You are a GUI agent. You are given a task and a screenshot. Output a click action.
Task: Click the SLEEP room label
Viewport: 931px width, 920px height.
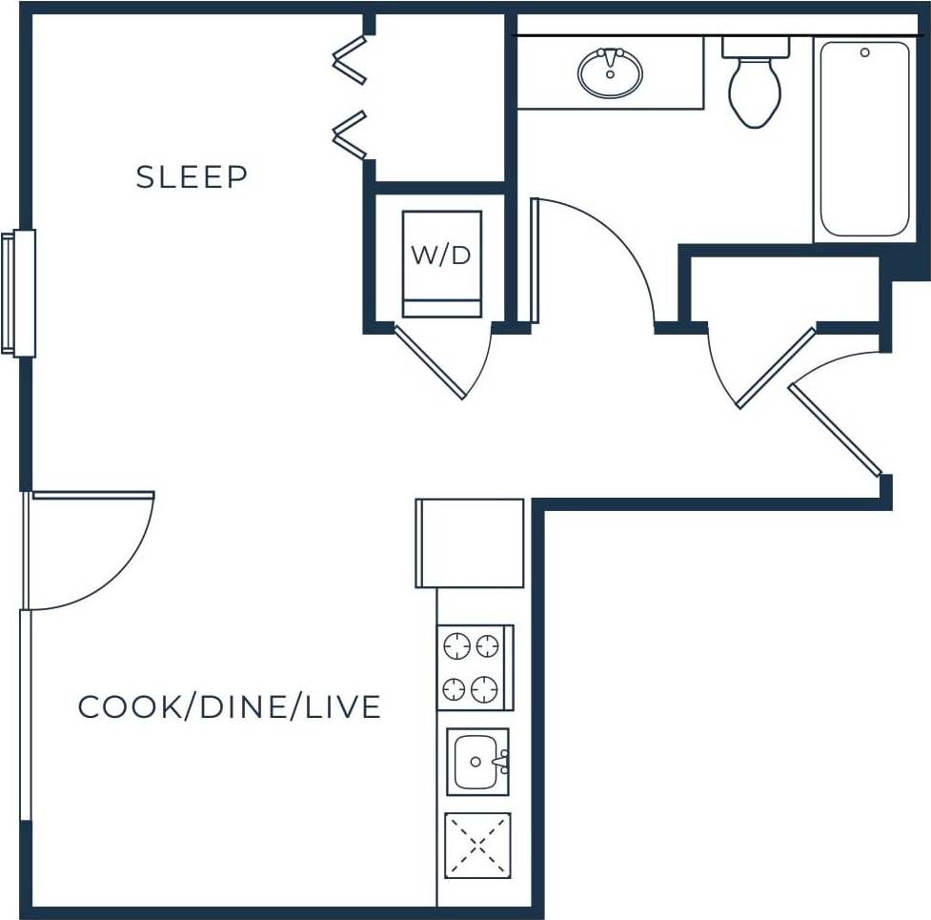pyautogui.click(x=192, y=177)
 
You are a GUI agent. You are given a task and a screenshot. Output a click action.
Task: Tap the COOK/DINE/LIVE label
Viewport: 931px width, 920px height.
pyautogui.click(x=229, y=707)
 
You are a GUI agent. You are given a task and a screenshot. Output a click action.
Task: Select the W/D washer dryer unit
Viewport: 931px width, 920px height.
pyautogui.click(x=441, y=262)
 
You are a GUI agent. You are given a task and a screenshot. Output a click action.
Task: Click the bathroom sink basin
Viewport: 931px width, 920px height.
pyautogui.click(x=610, y=73)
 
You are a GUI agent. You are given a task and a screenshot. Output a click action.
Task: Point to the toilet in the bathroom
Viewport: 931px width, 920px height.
pyautogui.click(x=755, y=86)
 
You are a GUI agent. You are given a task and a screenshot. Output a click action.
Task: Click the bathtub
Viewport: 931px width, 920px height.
pyautogui.click(x=864, y=139)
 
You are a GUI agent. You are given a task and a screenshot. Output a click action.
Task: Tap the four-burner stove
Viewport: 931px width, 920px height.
pyautogui.click(x=474, y=667)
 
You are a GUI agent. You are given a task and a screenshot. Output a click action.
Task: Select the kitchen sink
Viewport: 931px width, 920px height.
pyautogui.click(x=477, y=762)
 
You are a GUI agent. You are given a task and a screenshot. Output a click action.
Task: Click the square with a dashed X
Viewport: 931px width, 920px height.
pyautogui.click(x=477, y=845)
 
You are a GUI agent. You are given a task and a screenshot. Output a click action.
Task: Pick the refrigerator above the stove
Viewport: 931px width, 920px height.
pyautogui.click(x=471, y=542)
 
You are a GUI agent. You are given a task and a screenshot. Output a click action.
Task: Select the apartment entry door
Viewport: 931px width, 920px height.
pyautogui.click(x=835, y=430)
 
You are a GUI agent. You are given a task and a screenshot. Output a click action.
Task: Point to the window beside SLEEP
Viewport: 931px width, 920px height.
pyautogui.click(x=19, y=293)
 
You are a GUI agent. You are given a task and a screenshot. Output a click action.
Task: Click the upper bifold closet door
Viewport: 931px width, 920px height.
pyautogui.click(x=350, y=61)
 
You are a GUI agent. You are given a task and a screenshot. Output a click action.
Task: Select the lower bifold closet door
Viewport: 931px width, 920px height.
pyautogui.click(x=350, y=135)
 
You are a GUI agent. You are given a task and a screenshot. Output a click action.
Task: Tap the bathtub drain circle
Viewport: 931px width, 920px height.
pyautogui.click(x=865, y=52)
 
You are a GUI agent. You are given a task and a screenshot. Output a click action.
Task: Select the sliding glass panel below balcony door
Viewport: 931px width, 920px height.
pyautogui.click(x=26, y=715)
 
